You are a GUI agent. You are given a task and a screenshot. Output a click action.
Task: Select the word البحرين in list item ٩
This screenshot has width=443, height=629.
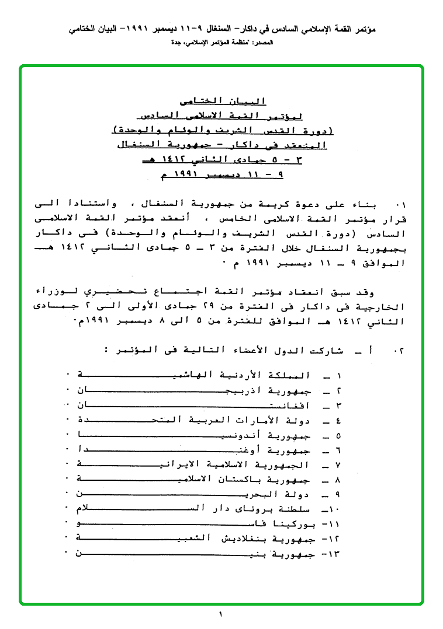[x=251, y=494]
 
